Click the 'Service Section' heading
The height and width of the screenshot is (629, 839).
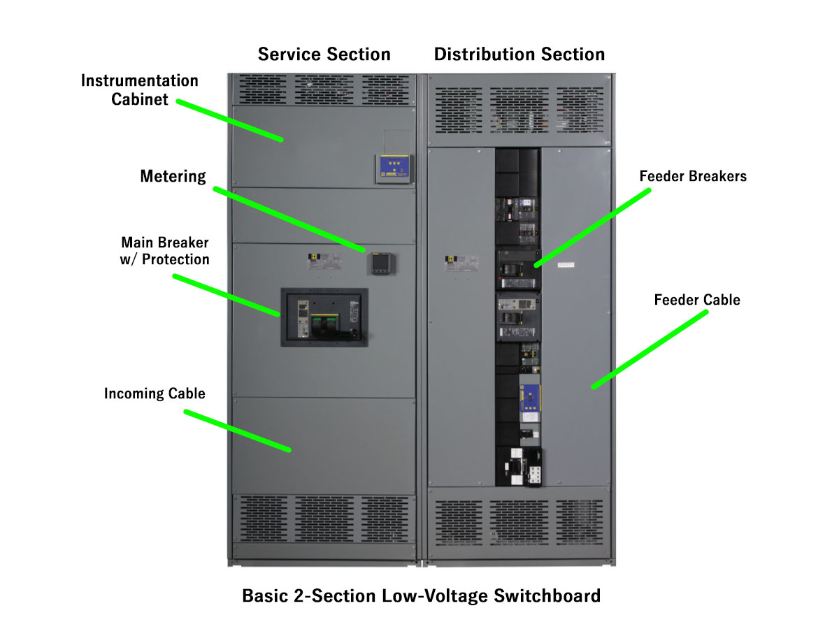pos(324,55)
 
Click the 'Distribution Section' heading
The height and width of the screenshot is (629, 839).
pos(519,55)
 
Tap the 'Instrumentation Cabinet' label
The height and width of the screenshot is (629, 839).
pos(140,90)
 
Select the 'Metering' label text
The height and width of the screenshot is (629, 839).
pos(173,176)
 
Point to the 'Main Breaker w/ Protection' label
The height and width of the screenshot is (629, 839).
pos(165,251)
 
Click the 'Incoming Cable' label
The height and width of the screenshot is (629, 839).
pos(155,393)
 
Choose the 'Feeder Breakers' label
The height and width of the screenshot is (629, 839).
pos(693,177)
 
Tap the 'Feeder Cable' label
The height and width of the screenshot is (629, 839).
pos(697,301)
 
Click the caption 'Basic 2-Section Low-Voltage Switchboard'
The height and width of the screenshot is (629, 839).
pos(421,596)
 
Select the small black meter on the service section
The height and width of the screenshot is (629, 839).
pos(380,263)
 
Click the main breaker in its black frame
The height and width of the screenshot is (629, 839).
pos(324,317)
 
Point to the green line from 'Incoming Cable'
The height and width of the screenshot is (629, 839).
pos(237,431)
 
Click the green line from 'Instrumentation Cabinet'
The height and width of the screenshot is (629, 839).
pos(229,121)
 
